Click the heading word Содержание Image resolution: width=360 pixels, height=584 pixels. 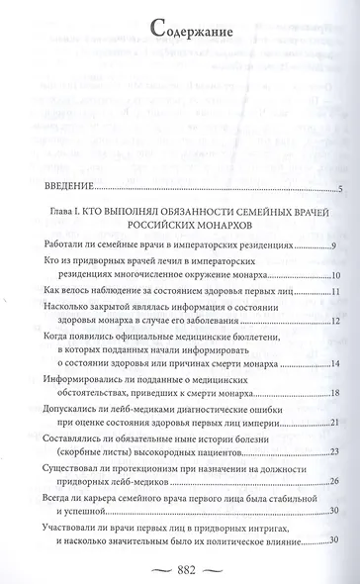[180, 30]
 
